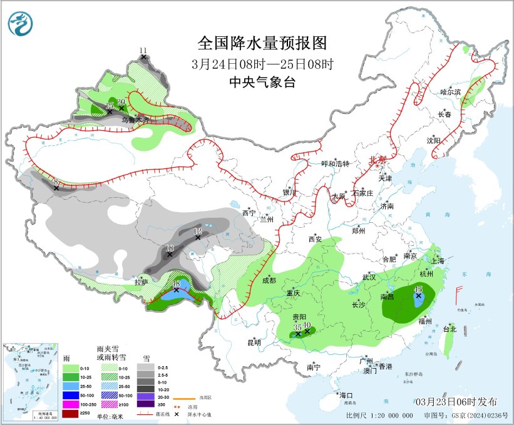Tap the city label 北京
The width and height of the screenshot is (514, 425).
click(x=378, y=160)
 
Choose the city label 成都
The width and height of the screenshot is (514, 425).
click(x=269, y=280)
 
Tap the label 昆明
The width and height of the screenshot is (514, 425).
click(x=254, y=342)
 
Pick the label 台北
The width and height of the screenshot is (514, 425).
click(x=450, y=329)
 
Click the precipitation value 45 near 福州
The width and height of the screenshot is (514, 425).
click(x=418, y=289)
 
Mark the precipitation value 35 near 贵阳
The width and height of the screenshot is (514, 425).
click(x=298, y=327)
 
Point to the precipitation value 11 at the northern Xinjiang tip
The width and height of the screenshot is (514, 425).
click(x=143, y=50)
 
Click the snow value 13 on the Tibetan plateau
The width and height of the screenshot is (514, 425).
click(x=169, y=248)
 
